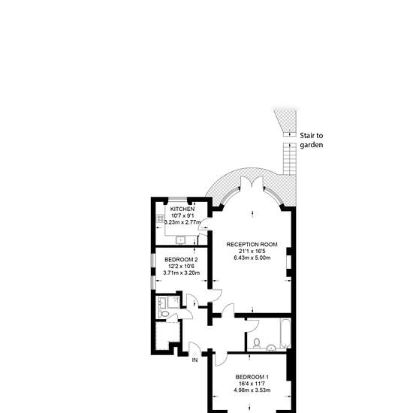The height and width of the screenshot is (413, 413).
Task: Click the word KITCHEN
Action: [x=182, y=210]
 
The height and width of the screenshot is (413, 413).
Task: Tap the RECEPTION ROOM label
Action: [x=252, y=245]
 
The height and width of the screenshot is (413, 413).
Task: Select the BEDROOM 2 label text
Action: [x=181, y=260]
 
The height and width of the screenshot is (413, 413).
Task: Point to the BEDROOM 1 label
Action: [x=252, y=377]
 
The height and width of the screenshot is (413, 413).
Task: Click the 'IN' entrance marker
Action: [x=194, y=360]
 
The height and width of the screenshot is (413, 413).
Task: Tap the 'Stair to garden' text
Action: [x=312, y=140]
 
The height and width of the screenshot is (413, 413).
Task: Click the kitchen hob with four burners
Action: [x=160, y=219]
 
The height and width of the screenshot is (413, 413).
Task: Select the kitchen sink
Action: [x=180, y=240]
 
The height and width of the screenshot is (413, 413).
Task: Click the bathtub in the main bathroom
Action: [x=285, y=333]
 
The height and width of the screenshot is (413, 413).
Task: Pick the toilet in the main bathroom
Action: [x=256, y=342]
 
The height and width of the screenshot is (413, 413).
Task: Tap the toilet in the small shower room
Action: [x=164, y=314]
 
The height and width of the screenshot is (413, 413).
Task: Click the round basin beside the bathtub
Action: [x=271, y=348]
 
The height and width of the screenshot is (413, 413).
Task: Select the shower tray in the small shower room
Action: [x=174, y=302]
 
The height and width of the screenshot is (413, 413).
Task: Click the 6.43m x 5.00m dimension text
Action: [x=252, y=258]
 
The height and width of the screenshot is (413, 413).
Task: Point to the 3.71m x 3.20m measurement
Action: [x=181, y=273]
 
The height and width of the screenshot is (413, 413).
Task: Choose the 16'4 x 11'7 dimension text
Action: [x=252, y=384]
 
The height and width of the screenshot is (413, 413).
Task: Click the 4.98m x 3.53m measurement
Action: [x=252, y=390]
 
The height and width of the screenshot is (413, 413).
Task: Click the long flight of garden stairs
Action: [x=290, y=159]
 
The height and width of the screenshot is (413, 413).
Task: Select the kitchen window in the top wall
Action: [x=178, y=198]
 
